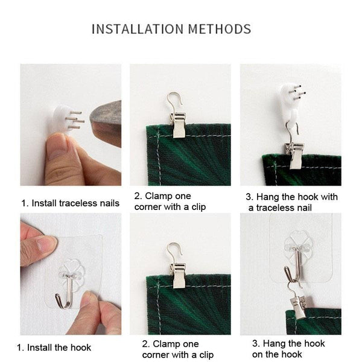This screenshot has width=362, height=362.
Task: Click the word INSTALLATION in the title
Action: [138, 29]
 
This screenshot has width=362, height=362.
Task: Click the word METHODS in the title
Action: [220, 29]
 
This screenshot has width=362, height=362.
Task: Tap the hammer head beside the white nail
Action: [106, 124]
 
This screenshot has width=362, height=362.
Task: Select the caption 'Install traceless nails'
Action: [75, 203]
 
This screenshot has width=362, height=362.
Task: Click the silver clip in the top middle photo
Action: [178, 125]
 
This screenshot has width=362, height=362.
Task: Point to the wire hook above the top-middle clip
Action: [174, 101]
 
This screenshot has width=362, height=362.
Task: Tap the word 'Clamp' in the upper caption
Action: [159, 196]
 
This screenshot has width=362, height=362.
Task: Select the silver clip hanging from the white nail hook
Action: [294, 155]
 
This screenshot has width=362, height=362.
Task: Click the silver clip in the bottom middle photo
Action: [178, 276]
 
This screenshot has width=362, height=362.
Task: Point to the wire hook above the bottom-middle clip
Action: [174, 252]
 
